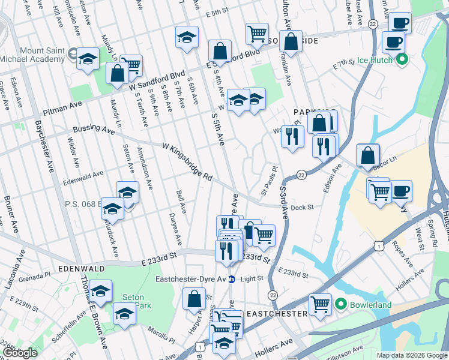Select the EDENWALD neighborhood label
pyautogui.click(x=81, y=268)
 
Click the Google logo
pyautogui.click(x=20, y=353)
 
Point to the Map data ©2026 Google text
pyautogui.click(x=411, y=355)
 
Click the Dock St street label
pyautogui.click(x=302, y=208)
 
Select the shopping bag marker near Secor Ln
pyautogui.click(x=367, y=155)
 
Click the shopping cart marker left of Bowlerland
pyautogui.click(x=320, y=305)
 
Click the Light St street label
pyautogui.click(x=252, y=278)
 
